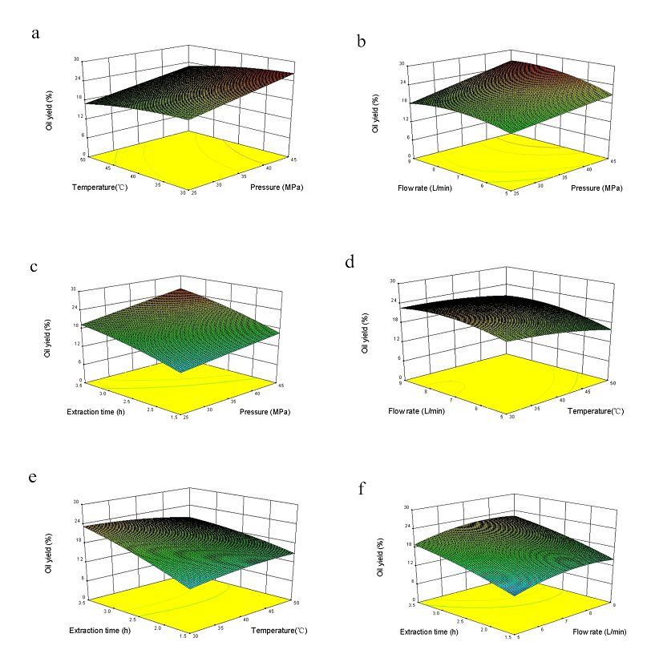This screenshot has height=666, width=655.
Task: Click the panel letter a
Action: [35, 33]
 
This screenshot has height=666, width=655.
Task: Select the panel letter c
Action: [35, 267]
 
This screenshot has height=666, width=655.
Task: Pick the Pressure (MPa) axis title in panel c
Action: [263, 412]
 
